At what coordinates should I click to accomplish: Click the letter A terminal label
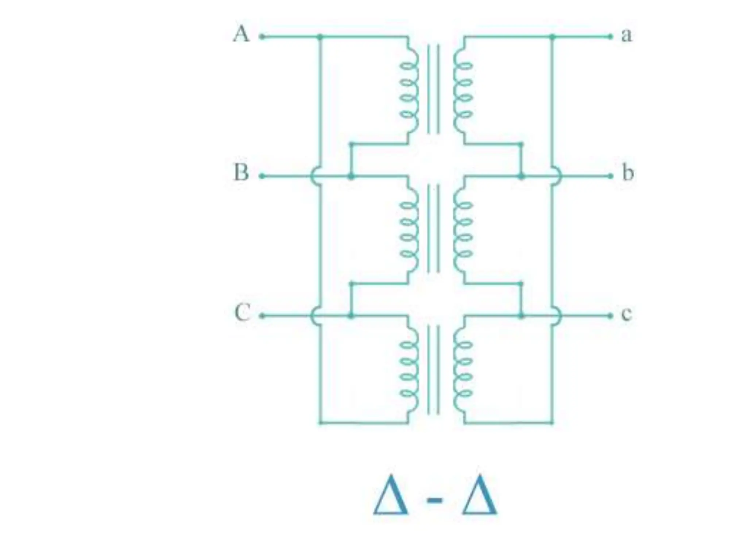pos(241,35)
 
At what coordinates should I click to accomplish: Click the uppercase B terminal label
pos(241,173)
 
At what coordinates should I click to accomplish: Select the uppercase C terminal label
pos(242,313)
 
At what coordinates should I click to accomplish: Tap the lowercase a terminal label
pos(626,35)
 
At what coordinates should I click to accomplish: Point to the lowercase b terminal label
pos(627,173)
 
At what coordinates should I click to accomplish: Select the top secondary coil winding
pos(462,90)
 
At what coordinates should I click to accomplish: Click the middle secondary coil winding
pos(462,229)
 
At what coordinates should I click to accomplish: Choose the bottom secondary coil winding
pos(462,369)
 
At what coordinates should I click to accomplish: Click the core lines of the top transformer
pos(433,89)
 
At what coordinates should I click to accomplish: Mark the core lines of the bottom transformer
pos(433,370)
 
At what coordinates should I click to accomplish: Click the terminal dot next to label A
pos(261,36)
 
